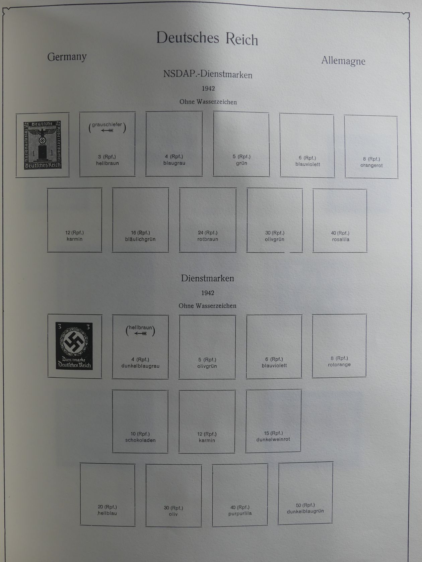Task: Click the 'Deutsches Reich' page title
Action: coord(207,38)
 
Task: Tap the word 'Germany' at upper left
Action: coord(67,57)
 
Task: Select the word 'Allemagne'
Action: coord(343,61)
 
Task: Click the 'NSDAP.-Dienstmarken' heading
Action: coord(208,74)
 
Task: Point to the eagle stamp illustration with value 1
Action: coord(43,145)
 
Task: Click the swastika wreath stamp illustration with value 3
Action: coord(74,346)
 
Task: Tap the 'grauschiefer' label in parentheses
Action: coord(107,125)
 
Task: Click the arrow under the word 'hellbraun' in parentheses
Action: coord(140,333)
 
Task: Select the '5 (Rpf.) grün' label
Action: coord(241,160)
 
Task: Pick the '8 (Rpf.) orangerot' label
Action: coord(371,162)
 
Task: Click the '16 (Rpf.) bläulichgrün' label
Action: coord(140,236)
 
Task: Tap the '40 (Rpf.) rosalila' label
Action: coord(340,236)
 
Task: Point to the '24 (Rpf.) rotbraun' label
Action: coord(208,236)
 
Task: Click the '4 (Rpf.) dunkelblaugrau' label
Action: coord(140,363)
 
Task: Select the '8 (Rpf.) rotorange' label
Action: coord(339,361)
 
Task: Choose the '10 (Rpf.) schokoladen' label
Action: coord(140,437)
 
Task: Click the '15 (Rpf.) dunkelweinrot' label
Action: coord(273,436)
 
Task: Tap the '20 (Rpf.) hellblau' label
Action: coord(107,510)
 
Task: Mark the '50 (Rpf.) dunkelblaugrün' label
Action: coord(305,508)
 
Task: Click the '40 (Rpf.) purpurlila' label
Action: coord(240,510)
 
